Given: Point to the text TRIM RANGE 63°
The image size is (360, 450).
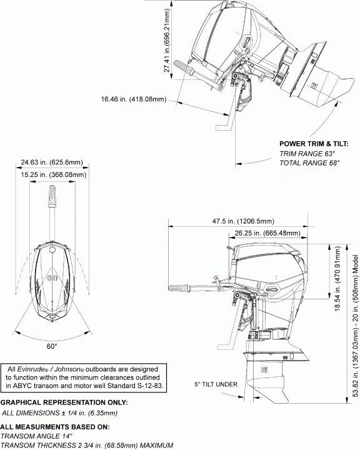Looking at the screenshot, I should pyautogui.click(x=307, y=153).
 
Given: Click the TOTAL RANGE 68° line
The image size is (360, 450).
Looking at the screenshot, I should pyautogui.click(x=309, y=162).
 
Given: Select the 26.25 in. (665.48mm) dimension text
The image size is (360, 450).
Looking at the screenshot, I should pyautogui.click(x=267, y=232).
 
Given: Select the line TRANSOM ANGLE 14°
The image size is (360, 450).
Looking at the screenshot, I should pyautogui.click(x=37, y=436).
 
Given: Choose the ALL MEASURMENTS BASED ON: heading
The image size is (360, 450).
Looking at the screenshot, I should pyautogui.click(x=47, y=426).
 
